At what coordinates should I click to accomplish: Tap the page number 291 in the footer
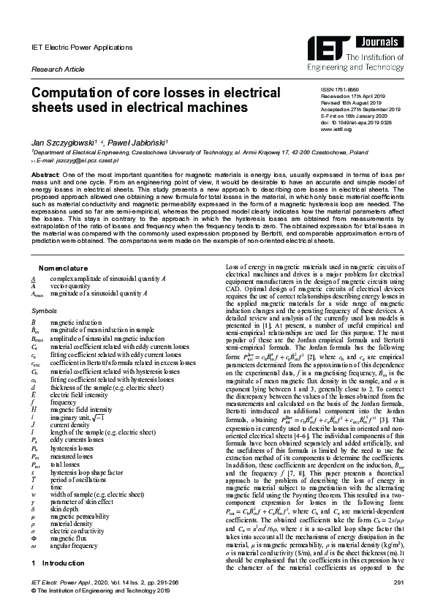tap(398, 582)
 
